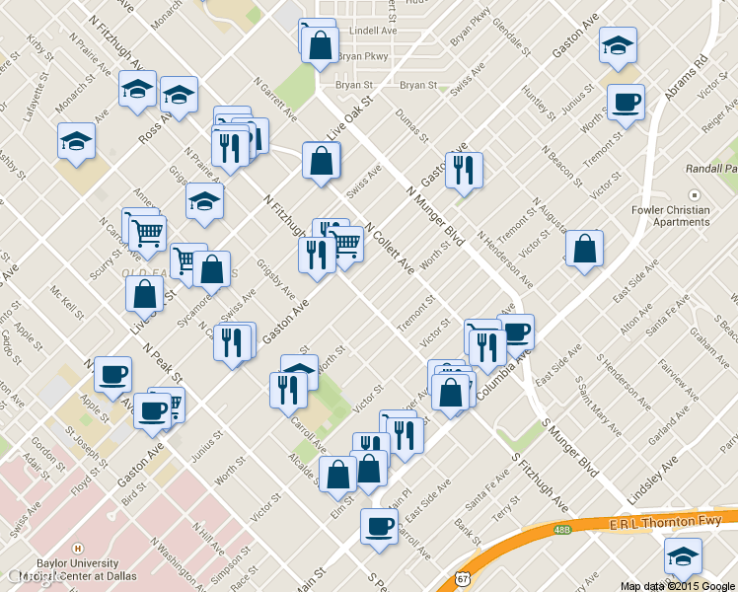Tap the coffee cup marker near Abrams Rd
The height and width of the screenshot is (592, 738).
coord(625,102)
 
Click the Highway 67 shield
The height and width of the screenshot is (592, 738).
coord(462,579)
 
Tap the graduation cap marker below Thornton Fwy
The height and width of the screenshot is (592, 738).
coord(683,557)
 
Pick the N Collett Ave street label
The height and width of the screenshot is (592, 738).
coord(391,250)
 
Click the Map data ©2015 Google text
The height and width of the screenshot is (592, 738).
coord(678,586)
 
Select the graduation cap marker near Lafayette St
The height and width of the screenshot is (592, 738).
coord(76,142)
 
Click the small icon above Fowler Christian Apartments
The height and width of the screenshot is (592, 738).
coord(693,195)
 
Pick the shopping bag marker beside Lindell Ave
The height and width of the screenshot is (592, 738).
coord(320,44)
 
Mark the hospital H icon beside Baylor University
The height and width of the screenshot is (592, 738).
coord(76,549)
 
